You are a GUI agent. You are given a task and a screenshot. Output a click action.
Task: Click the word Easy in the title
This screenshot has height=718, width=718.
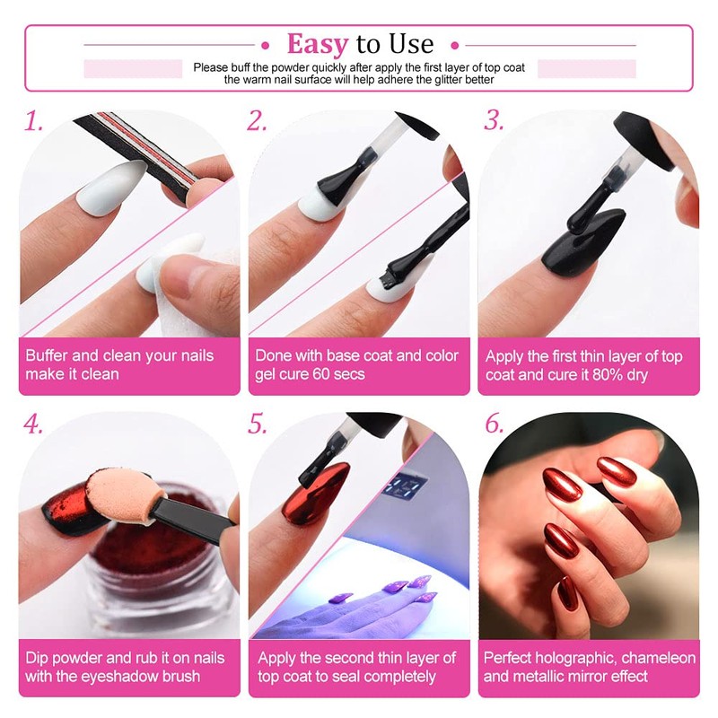pos(318,44)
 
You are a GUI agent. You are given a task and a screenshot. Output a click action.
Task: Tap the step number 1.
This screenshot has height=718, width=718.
pos(33,121)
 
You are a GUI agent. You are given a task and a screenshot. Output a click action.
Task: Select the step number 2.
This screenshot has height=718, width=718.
pos(257,121)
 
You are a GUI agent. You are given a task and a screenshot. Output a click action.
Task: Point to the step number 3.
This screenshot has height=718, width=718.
pos(494,121)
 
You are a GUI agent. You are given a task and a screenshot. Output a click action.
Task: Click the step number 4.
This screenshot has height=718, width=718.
pos(33,424)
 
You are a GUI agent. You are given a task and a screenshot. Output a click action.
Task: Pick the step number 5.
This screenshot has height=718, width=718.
pos(257,424)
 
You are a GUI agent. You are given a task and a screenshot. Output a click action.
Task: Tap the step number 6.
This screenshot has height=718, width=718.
pos(495,424)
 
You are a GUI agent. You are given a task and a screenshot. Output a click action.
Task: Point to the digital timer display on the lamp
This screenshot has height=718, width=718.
pos(405,486)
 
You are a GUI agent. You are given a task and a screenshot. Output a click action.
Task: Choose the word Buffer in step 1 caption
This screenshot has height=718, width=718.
pos(47,355)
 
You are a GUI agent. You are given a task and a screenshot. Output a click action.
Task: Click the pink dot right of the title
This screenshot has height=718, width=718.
pos(455,46)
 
